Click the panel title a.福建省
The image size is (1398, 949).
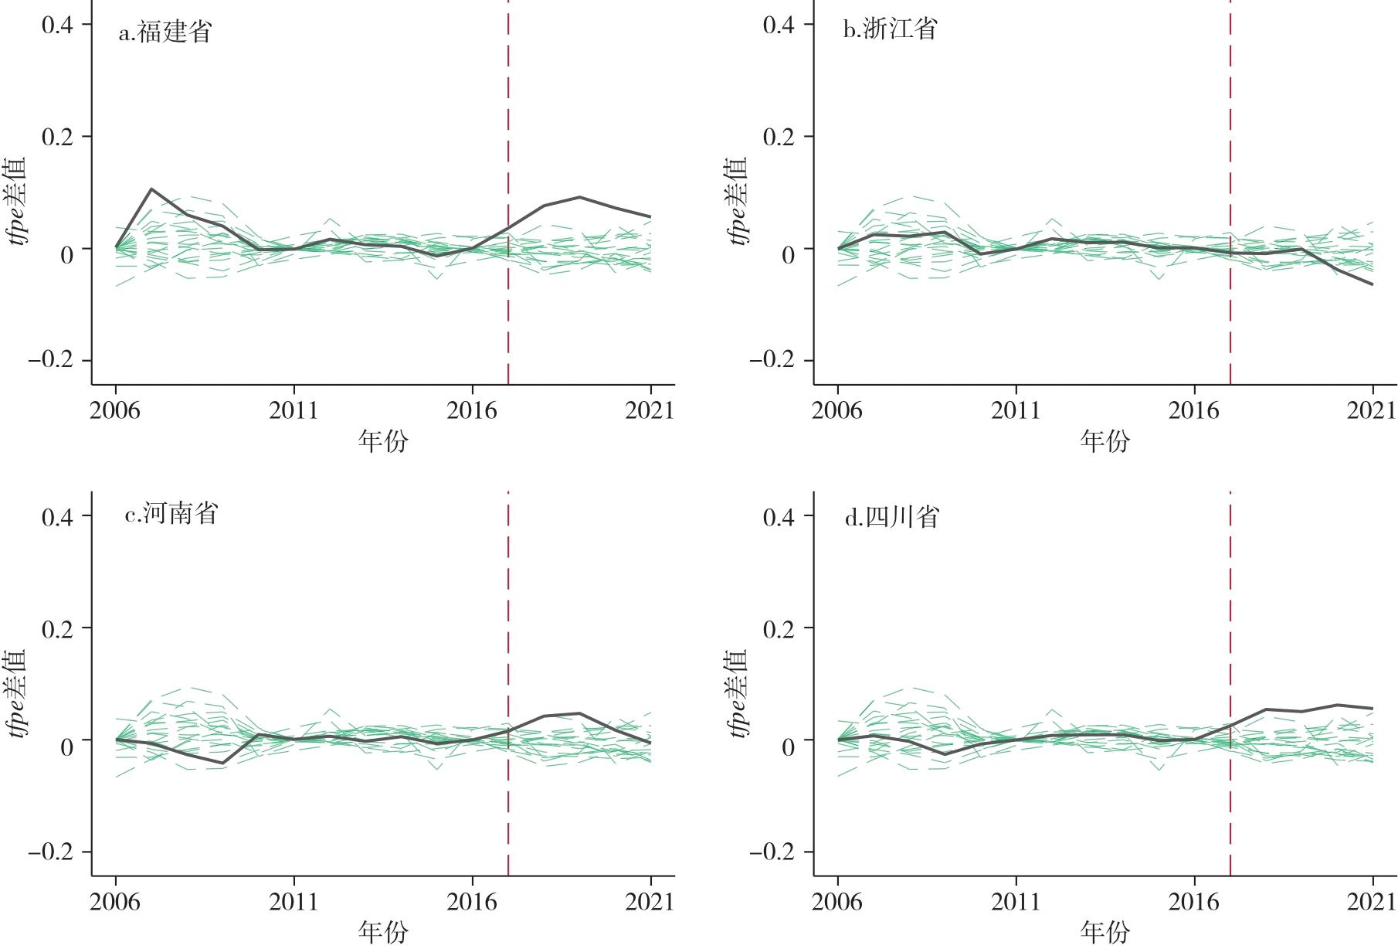[x=165, y=32]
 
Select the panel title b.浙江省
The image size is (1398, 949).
[x=889, y=29]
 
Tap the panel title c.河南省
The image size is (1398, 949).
[x=171, y=514]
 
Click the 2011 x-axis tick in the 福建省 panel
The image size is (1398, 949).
[x=294, y=410]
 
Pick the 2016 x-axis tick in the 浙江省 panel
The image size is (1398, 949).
[x=1194, y=410]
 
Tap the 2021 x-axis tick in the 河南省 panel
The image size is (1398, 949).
[x=650, y=901]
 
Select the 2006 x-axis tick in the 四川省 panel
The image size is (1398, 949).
[x=837, y=901]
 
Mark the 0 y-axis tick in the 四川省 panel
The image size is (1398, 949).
[x=788, y=747]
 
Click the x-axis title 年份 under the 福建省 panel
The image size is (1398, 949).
[x=383, y=441]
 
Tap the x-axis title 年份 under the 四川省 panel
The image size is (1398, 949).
[x=1104, y=933]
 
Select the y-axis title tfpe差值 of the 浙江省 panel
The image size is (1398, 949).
[x=738, y=201]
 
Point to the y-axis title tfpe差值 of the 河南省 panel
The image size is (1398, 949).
[x=16, y=692]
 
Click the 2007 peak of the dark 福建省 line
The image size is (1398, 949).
[x=151, y=189]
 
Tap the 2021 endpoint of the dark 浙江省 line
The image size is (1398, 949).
[x=1373, y=284]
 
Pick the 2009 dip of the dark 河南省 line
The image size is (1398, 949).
[x=222, y=763]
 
